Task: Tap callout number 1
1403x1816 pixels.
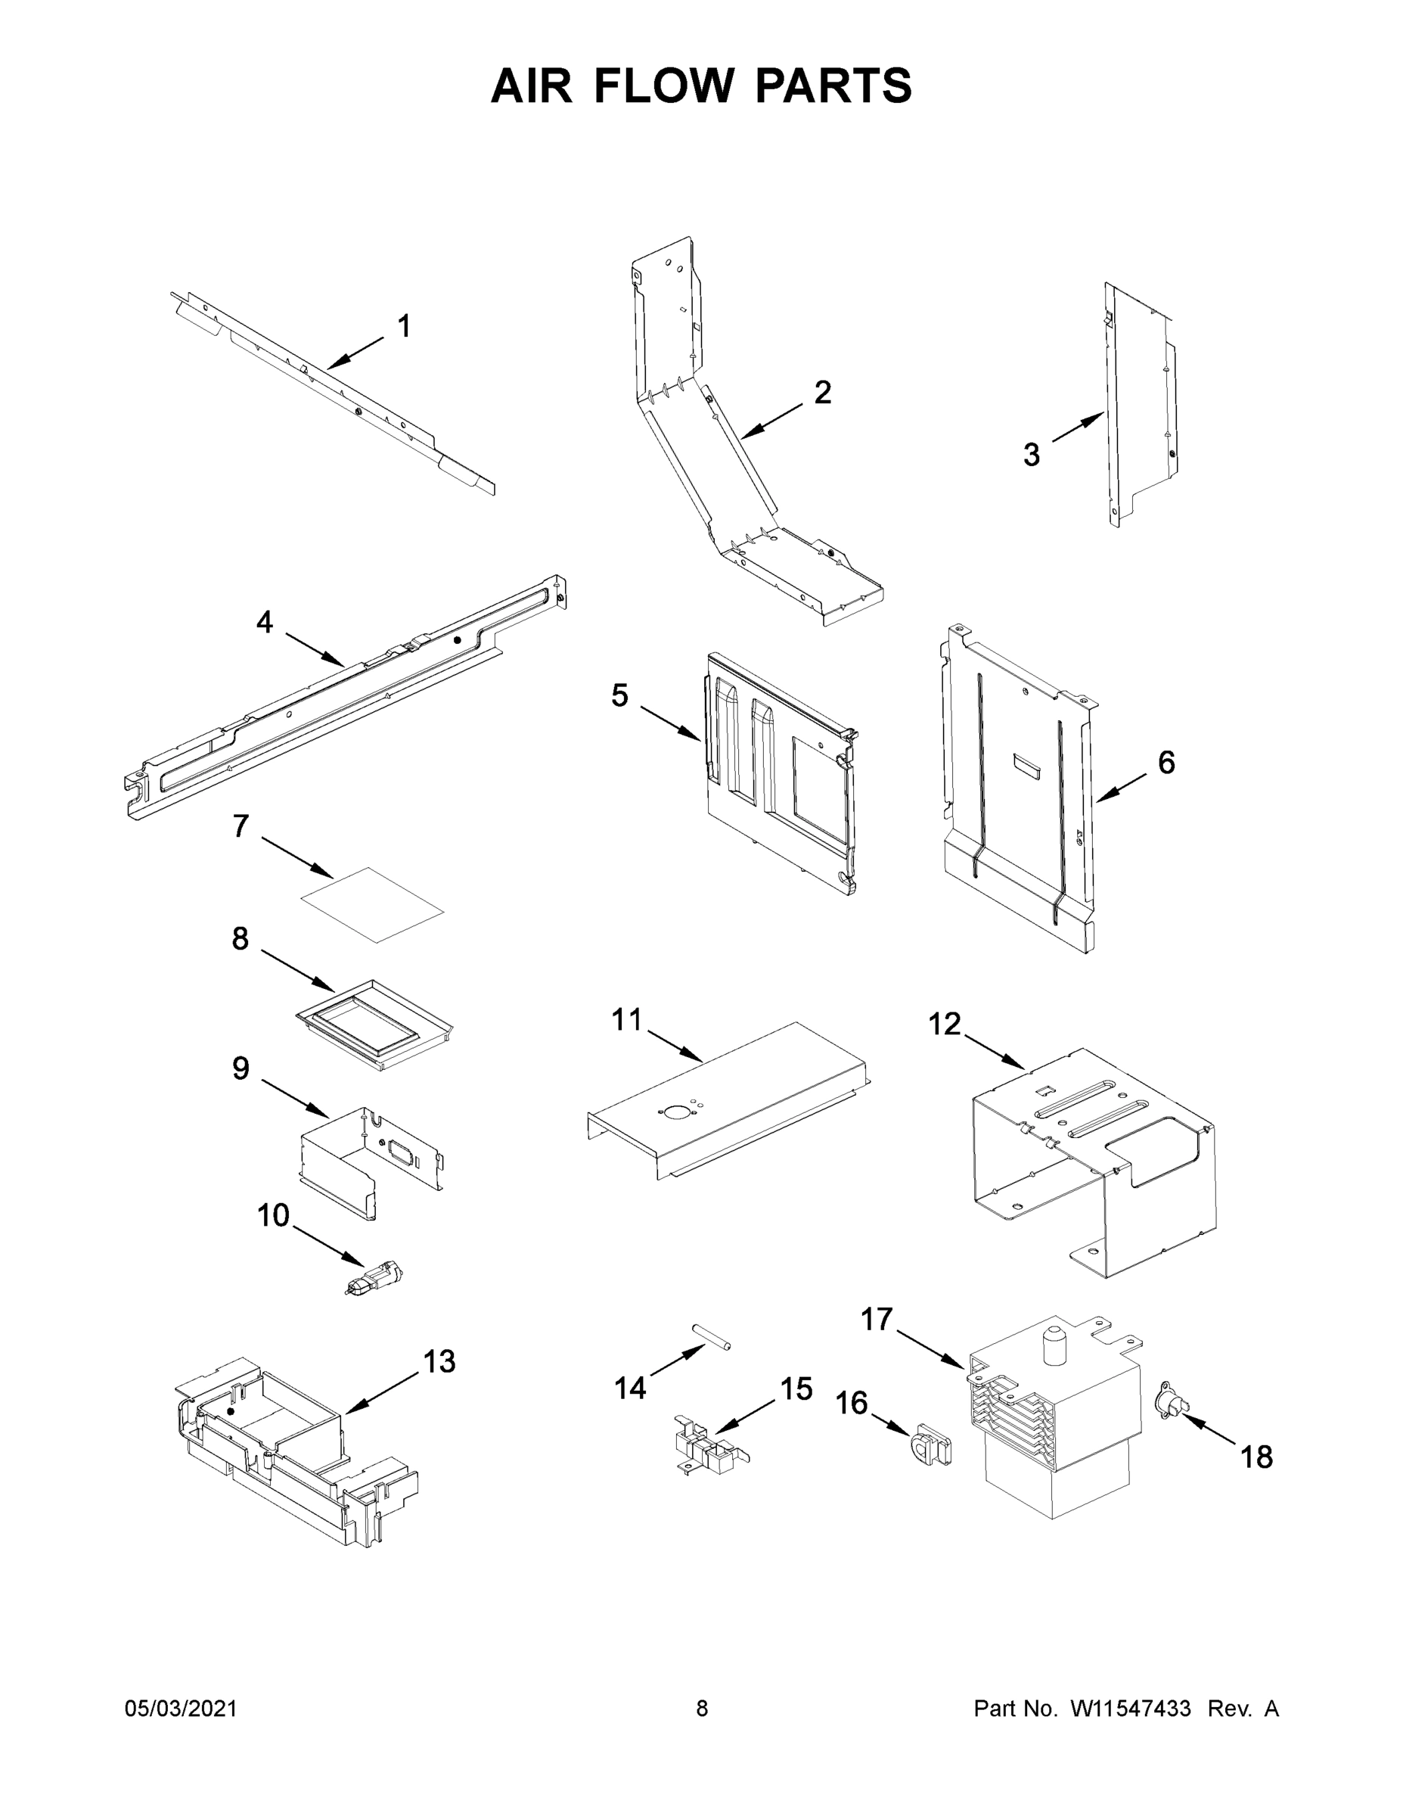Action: (x=404, y=327)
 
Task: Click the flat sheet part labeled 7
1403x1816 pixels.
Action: (x=371, y=904)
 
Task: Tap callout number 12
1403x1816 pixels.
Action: (x=943, y=1025)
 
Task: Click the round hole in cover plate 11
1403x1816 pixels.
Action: (x=671, y=1112)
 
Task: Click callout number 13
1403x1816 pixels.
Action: (x=439, y=1361)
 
